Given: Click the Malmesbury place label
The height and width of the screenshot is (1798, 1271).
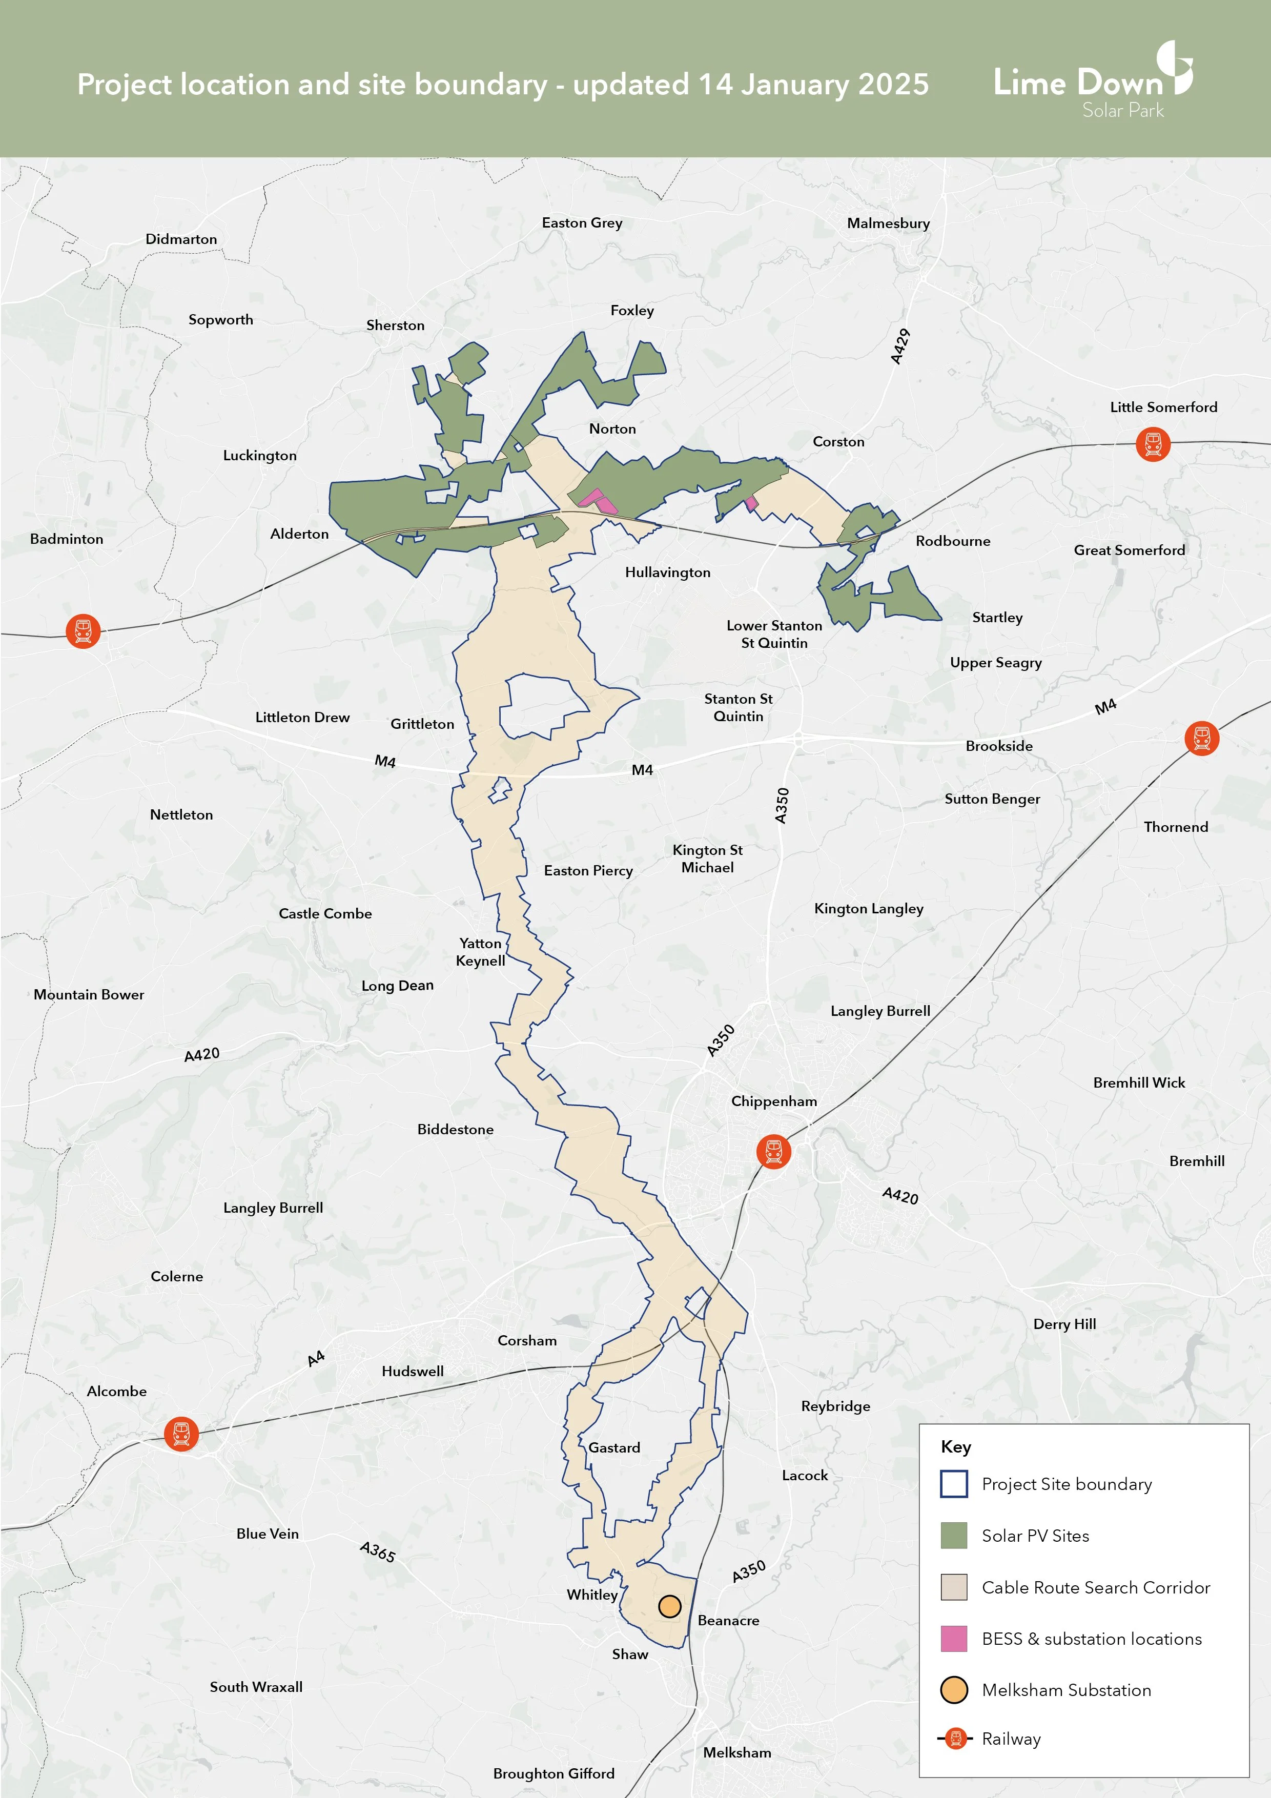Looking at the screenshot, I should click(888, 223).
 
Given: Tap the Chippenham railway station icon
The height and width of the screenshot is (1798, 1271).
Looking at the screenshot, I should click(773, 1151).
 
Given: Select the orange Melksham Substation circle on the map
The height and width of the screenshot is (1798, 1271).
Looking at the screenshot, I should click(669, 1607).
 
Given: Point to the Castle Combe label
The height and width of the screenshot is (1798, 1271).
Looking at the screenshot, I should click(325, 913).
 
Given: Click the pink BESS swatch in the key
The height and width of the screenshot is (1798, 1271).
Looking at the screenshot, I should click(953, 1638).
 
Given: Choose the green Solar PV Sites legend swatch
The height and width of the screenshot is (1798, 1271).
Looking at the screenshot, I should click(953, 1536).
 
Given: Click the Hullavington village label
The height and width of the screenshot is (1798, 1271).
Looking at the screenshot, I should click(667, 573).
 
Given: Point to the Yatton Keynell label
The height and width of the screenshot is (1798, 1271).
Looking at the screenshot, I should click(480, 951).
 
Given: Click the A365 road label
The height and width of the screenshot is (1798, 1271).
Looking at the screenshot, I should click(378, 1551).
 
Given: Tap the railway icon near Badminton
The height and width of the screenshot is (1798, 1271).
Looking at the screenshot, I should click(83, 631).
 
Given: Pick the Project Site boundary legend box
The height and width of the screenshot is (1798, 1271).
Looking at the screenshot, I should click(953, 1484).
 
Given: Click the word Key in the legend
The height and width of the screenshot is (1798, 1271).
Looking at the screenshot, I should click(955, 1446).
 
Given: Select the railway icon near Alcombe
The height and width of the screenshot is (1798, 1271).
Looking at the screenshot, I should click(181, 1434).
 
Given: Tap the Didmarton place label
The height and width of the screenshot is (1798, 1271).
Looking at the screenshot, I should click(181, 239).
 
